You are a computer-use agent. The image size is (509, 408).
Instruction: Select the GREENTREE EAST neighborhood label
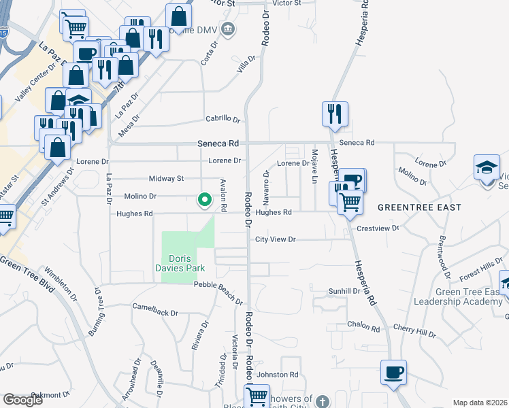pos(419,207)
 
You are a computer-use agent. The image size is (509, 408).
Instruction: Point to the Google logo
pos(22,400)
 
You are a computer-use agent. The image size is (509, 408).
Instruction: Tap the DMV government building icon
pos(228,29)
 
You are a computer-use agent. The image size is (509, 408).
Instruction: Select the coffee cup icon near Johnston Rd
pos(393,373)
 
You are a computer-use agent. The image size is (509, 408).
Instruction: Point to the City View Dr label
pos(276,239)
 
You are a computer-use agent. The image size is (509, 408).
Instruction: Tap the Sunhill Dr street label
pos(344,290)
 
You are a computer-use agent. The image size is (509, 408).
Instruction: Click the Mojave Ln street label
pos(314,167)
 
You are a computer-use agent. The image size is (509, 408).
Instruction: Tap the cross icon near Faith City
pos(323,401)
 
